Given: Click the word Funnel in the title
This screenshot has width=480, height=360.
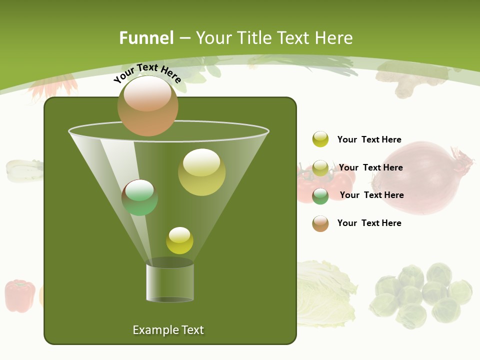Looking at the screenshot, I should click(146, 38).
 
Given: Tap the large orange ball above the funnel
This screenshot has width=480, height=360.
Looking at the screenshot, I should click(148, 105).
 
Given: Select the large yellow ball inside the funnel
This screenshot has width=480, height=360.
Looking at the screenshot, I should click(201, 172).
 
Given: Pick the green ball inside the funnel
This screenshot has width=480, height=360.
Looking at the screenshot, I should click(139, 197).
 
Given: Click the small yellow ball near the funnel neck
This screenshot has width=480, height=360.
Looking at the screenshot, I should click(179, 240).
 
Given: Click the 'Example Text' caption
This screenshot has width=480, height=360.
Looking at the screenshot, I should click(168, 330).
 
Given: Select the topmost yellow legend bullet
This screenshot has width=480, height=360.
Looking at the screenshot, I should click(320, 139).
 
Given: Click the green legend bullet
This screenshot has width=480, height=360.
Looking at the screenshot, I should click(320, 196).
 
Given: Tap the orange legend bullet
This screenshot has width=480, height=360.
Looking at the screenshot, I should click(320, 223).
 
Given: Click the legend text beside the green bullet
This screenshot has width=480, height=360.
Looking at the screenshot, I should click(371, 195).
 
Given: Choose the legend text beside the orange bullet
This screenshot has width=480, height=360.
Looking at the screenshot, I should click(369, 223).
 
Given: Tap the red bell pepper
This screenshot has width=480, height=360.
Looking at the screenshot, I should click(20, 296).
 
